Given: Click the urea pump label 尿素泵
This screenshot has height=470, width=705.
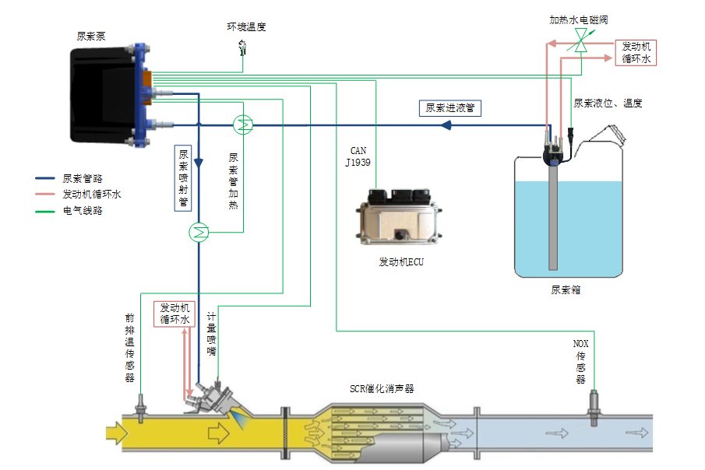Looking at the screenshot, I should tap(91, 36).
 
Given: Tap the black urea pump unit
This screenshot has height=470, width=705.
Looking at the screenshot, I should tap(105, 97).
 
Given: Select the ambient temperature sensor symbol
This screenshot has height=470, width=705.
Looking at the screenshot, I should tap(243, 48).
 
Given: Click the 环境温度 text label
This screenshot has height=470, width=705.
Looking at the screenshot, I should tap(246, 27).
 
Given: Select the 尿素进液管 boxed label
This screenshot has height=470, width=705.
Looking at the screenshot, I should tap(449, 109).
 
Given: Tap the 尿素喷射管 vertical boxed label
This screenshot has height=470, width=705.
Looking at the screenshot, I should tap(184, 179).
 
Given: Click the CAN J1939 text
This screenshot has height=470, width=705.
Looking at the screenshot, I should tap(358, 156).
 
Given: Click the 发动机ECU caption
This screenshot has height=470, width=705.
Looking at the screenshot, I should tap(401, 262).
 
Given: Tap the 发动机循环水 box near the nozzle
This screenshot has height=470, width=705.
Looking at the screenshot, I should tap(174, 313).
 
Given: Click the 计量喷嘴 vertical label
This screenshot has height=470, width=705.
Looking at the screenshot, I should tap(211, 334).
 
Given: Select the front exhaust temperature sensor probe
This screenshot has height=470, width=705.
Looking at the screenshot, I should tap(141, 408).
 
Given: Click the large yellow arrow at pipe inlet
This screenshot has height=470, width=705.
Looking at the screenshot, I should tap(115, 430).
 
